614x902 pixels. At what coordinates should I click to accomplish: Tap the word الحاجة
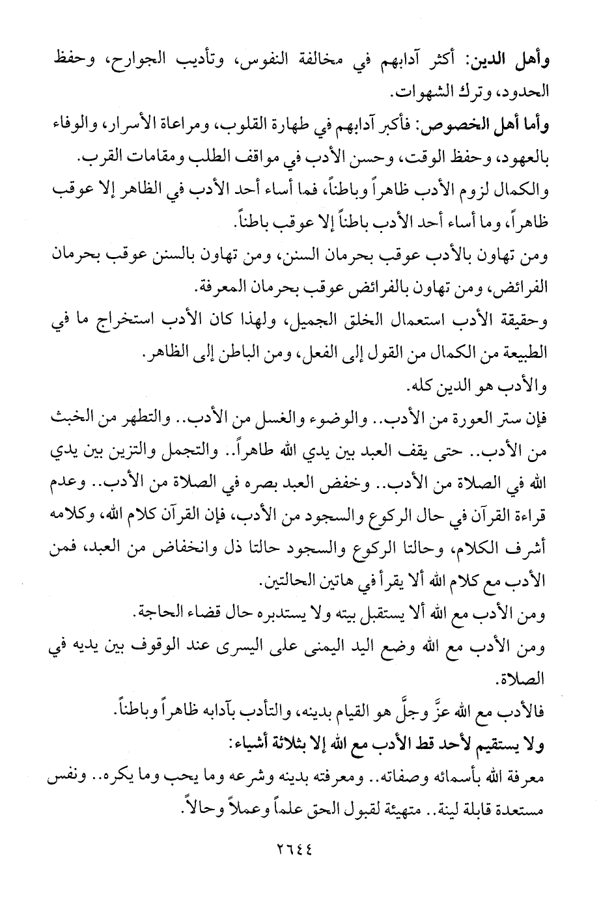click(160, 614)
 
